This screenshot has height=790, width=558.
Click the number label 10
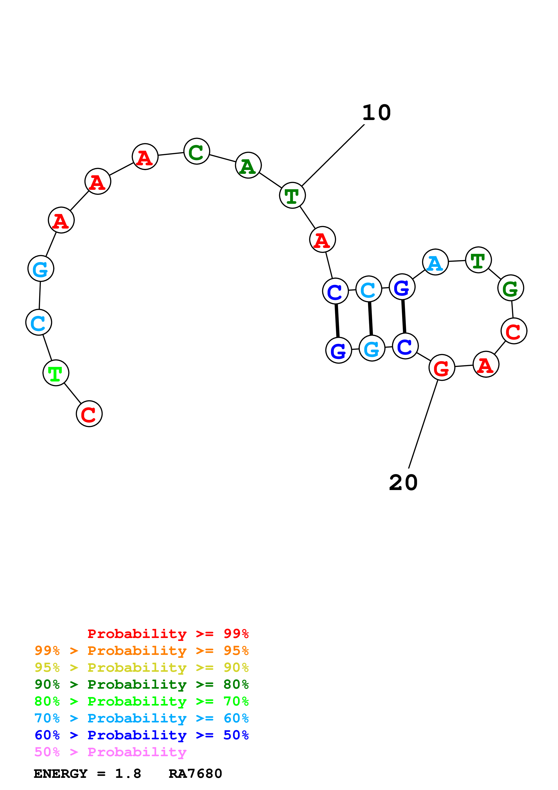tap(377, 113)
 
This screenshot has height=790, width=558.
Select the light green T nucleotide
tap(56, 373)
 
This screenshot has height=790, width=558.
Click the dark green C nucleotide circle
tap(197, 151)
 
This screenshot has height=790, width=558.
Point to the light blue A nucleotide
tap(435, 262)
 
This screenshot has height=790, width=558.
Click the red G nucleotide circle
tap(442, 368)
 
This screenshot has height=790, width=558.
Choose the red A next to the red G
tap(486, 364)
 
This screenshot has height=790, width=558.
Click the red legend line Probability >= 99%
tap(168, 634)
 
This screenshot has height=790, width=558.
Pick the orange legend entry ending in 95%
tap(141, 651)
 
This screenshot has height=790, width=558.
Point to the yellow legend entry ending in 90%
tap(141, 667)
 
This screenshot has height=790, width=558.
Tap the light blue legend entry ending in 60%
tap(141, 718)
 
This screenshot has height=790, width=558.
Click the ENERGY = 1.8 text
tap(87, 774)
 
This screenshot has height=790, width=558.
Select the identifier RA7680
tap(195, 774)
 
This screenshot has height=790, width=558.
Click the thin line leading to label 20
tap(423, 424)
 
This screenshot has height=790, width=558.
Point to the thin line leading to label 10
tap(333, 155)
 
